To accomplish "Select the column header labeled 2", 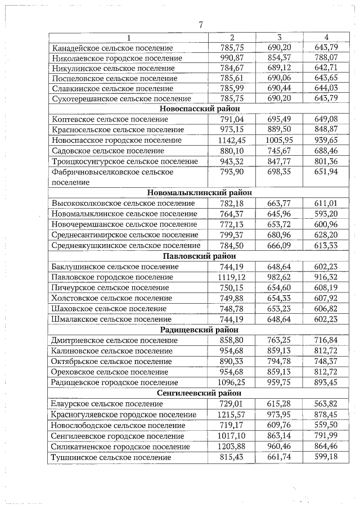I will coord(232,38).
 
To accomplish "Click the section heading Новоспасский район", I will coord(200,109).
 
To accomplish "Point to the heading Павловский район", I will coord(200,256).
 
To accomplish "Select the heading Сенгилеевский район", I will coord(200,393).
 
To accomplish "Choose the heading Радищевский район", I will coord(200,330).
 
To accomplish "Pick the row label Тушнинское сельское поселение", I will coord(111,458).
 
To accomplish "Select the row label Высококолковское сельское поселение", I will coord(123,203).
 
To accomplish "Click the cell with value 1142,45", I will coord(232,140).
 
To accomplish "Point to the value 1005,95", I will coord(279,140).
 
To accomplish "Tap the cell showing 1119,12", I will coord(232,277).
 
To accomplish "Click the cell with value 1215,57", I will coord(232,415).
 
